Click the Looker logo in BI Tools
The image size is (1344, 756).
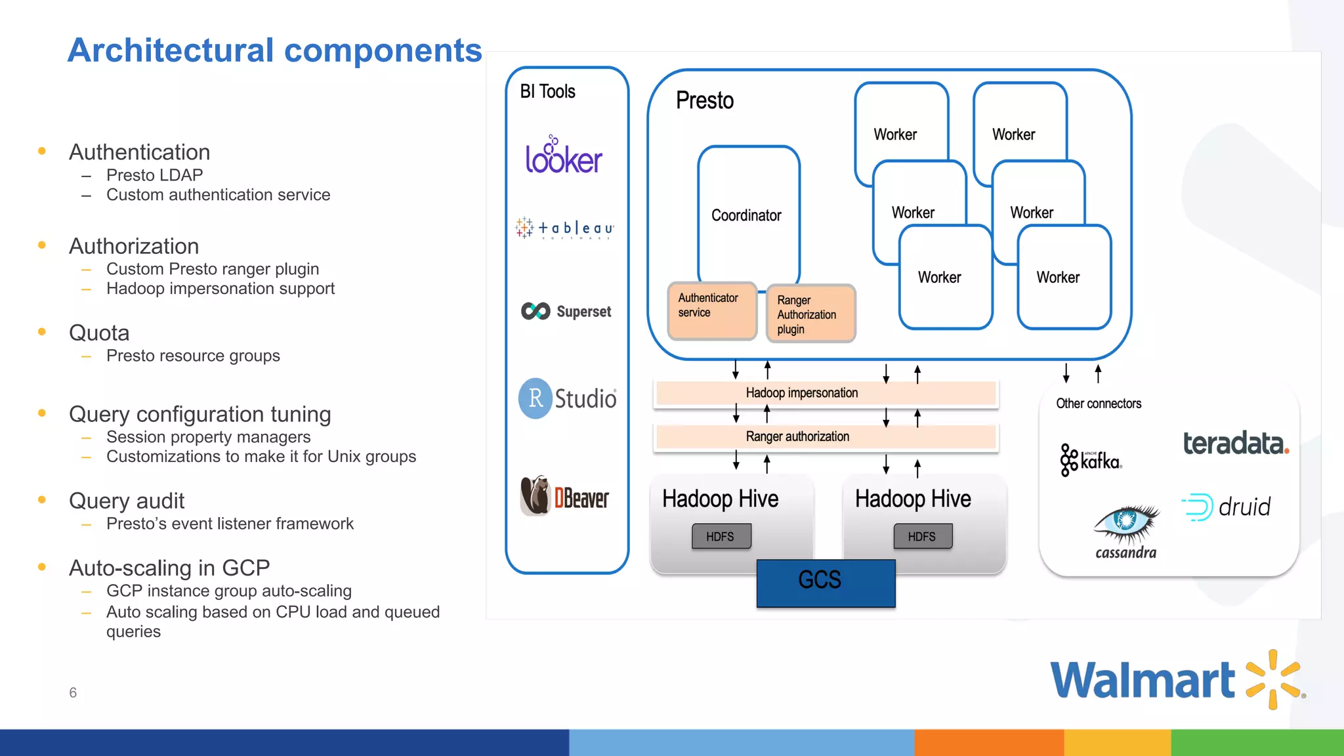tap(563, 156)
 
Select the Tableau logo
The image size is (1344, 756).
tap(565, 228)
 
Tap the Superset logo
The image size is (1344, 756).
tap(566, 311)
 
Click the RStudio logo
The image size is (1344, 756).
tap(567, 398)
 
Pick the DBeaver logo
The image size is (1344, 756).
tap(564, 497)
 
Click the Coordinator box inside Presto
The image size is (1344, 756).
tap(747, 215)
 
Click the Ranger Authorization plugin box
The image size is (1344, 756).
tap(810, 314)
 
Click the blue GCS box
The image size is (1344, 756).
tap(825, 583)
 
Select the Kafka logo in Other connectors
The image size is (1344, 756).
tap(1091, 460)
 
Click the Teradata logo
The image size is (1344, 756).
tap(1236, 444)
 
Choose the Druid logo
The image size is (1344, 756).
tap(1226, 507)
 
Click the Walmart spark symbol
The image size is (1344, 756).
tap(1273, 679)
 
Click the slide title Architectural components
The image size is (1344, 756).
tap(275, 51)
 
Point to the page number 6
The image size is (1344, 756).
tap(73, 693)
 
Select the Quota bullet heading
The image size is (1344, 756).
tap(99, 333)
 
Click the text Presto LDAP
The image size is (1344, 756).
tap(154, 175)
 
